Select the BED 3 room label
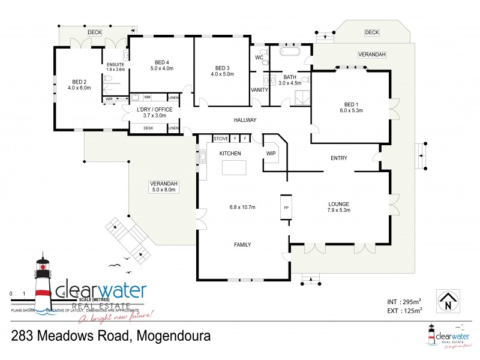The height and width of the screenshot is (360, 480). (x=222, y=68)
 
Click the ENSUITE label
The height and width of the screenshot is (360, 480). (x=115, y=65)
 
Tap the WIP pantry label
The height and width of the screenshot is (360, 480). (x=271, y=154)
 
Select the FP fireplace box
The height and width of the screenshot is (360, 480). (x=286, y=208)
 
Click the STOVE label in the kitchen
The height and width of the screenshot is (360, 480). (x=221, y=139)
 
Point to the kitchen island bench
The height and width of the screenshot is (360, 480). (x=235, y=168)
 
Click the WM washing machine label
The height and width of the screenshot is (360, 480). (x=147, y=97)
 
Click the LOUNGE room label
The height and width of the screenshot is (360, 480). (x=339, y=203)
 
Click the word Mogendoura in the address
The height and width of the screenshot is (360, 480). (x=172, y=336)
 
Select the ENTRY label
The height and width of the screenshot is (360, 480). (x=339, y=158)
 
